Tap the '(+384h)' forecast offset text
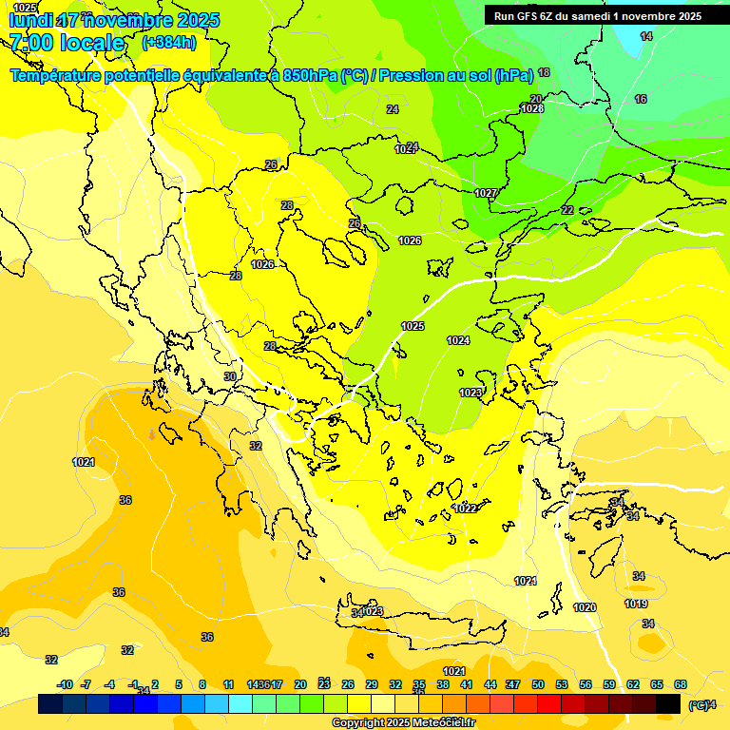pos(169,42)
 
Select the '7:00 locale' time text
pos(67,43)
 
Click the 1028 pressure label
pos(532,109)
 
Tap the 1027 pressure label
pos(486,193)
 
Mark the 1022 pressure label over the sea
pos(465,509)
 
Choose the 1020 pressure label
pos(585,607)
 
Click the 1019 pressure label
pos(636,605)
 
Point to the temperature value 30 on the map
pos(230,377)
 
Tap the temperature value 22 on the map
pos(567,210)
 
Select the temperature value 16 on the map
pos(641,100)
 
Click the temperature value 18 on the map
pos(544,72)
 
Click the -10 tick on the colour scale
pos(66,684)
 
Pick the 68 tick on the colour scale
pos(681,684)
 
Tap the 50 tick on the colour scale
pos(538,684)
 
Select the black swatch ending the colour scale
pos(668,704)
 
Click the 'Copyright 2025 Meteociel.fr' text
pos(403,723)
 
